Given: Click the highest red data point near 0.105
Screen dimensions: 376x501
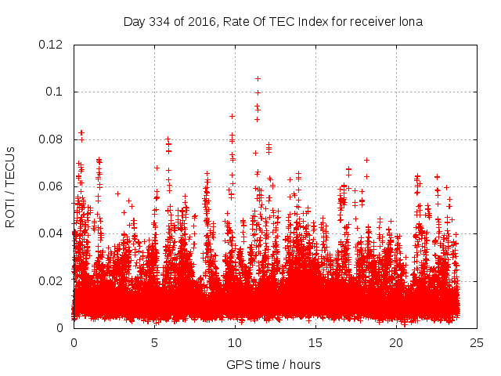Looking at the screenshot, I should (x=258, y=78).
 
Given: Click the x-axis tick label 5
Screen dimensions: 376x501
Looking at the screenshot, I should (x=155, y=343).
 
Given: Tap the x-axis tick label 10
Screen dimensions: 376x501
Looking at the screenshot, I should (x=236, y=343).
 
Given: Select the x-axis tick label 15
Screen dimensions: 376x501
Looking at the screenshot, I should (x=316, y=343).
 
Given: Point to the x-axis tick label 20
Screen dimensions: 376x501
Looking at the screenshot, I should (x=397, y=343).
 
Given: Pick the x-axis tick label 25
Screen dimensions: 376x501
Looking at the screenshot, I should (x=478, y=343).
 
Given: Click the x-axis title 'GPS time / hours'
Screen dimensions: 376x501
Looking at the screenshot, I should (x=273, y=364).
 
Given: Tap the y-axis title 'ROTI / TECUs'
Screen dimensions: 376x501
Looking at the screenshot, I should (x=10, y=186).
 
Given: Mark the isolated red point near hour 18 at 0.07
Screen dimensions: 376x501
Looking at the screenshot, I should (x=366, y=160).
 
